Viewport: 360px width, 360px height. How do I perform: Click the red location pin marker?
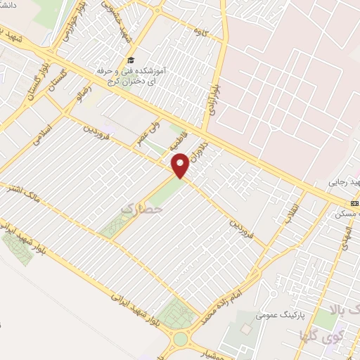[x=181, y=165]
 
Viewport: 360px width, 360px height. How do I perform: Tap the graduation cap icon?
[x=129, y=60]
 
